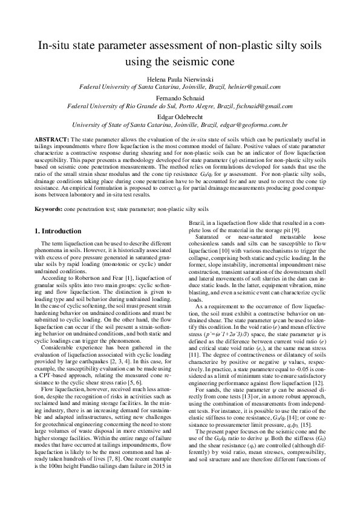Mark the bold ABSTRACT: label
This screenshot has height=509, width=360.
coord(51,139)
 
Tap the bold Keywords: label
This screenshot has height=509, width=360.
coord(48,207)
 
